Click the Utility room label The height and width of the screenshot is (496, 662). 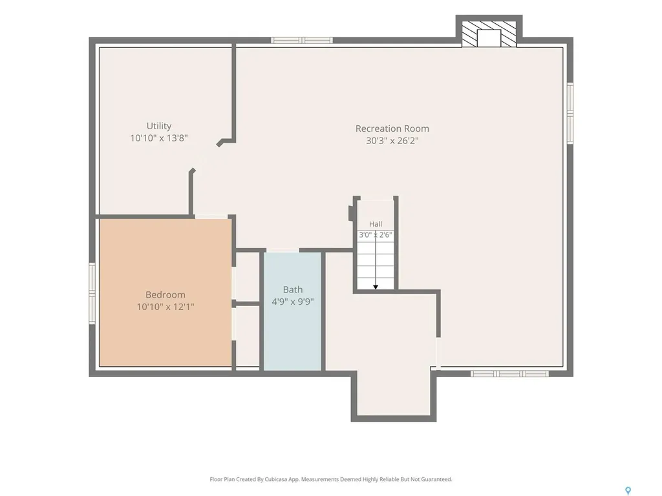click(159, 126)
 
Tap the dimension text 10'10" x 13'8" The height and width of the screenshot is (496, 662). click(159, 138)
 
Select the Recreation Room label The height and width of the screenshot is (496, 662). click(392, 129)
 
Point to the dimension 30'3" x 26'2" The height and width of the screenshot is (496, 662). click(392, 140)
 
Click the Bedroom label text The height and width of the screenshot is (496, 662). click(165, 294)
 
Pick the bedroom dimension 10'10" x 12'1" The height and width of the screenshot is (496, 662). click(165, 307)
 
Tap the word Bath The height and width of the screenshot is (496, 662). click(293, 289)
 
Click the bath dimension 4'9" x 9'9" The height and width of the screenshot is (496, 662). click(293, 302)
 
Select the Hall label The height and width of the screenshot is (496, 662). click(376, 224)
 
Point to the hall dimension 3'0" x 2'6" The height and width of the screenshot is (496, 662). click(376, 235)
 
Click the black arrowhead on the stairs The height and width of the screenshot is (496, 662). click(376, 287)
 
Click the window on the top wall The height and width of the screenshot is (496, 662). click(302, 41)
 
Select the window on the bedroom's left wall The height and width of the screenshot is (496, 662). click(92, 294)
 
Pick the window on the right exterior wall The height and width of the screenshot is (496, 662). click(570, 114)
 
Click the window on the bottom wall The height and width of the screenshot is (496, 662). click(509, 374)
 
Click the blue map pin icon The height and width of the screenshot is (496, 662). click(628, 491)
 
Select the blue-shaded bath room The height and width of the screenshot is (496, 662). click(293, 312)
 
